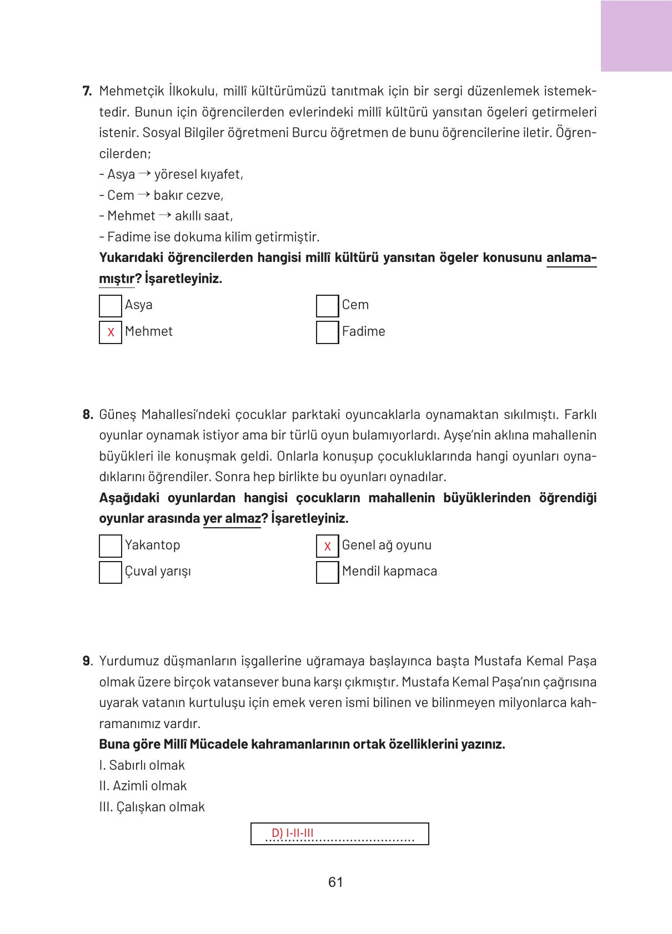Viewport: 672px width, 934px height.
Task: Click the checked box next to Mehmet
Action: tap(111, 332)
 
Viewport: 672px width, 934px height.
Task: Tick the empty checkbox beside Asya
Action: tap(111, 306)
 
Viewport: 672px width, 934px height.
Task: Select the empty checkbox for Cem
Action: tap(327, 306)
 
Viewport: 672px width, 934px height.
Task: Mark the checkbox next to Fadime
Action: tap(327, 332)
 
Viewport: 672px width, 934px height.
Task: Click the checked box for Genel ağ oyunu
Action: tap(327, 546)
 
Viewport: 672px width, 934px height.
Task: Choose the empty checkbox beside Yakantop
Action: tap(111, 546)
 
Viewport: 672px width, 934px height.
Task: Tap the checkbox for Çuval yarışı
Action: tap(111, 572)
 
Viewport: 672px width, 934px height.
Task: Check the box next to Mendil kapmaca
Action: tap(327, 572)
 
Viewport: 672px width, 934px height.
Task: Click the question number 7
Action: tap(87, 91)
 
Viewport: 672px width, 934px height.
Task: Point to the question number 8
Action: tap(87, 415)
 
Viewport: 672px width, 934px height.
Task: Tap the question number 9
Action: tap(87, 661)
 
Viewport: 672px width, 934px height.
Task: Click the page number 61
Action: tap(335, 882)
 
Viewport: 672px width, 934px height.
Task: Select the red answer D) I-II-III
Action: tap(293, 833)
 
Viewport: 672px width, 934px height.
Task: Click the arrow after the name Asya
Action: tap(144, 174)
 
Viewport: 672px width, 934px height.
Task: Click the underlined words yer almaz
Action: tap(232, 519)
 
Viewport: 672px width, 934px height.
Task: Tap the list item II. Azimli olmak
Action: tap(143, 786)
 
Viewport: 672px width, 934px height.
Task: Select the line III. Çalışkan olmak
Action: tap(152, 807)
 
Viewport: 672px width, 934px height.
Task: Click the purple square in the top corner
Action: tap(636, 36)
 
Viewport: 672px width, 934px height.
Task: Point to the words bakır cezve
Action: tap(188, 195)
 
